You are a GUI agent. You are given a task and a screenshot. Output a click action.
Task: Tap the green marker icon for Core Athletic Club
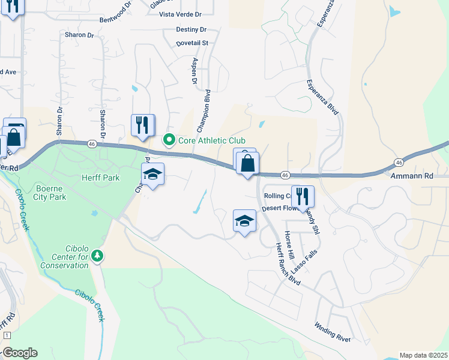click(x=169, y=140)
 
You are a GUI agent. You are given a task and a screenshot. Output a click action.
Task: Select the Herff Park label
click(x=101, y=178)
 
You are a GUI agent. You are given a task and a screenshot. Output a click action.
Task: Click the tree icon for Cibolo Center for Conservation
click(x=97, y=256)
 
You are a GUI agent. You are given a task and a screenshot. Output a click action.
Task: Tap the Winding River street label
click(x=333, y=332)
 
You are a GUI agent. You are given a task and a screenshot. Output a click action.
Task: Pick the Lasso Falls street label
click(x=305, y=261)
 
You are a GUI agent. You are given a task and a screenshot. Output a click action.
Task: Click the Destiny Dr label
click(x=191, y=29)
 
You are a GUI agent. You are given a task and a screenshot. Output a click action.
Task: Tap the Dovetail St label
click(x=192, y=43)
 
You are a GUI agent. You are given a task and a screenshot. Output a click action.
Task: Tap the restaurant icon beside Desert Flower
click(x=303, y=196)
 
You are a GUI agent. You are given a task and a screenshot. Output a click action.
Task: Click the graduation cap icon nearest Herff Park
click(x=152, y=174)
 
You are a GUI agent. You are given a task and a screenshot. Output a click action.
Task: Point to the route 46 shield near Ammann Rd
click(x=399, y=163)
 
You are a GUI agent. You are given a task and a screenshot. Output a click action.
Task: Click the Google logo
click(x=20, y=353)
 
